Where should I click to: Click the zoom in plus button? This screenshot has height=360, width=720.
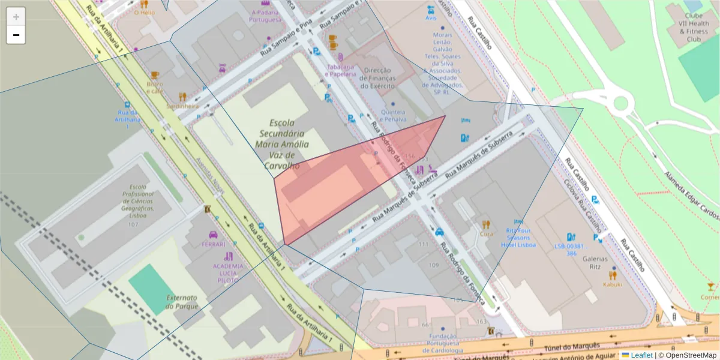16,17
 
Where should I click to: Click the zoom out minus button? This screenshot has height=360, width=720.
16,35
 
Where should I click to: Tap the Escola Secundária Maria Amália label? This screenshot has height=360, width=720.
281,144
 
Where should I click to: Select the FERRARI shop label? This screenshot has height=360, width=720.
213,244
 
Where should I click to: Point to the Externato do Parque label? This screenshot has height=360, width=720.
182,302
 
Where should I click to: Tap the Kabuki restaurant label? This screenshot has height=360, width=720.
613,284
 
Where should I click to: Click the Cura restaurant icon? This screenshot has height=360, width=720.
486,225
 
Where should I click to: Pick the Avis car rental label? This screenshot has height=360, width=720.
431,18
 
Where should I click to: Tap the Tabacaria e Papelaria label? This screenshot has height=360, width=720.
341,71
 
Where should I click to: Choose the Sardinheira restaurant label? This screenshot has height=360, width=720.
182,106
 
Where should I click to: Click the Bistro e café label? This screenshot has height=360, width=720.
155,88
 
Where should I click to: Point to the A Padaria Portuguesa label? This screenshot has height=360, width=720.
266,16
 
